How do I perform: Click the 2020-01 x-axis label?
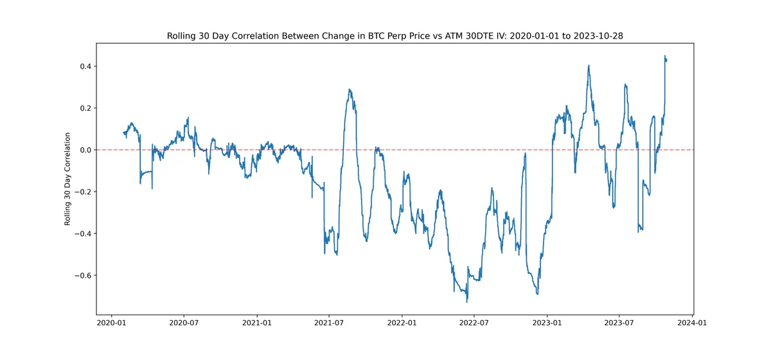click(111, 323)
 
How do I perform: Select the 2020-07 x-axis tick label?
click(184, 323)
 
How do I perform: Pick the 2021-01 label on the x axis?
click(257, 323)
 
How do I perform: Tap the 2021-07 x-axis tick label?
click(329, 323)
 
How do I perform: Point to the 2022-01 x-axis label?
click(402, 323)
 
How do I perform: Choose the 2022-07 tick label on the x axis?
click(474, 323)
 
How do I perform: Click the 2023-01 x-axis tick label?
click(547, 323)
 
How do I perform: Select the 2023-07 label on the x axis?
click(619, 323)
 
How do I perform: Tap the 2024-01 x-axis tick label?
click(692, 323)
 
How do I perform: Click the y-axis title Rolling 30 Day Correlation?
click(67, 179)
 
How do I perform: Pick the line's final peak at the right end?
click(665, 55)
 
